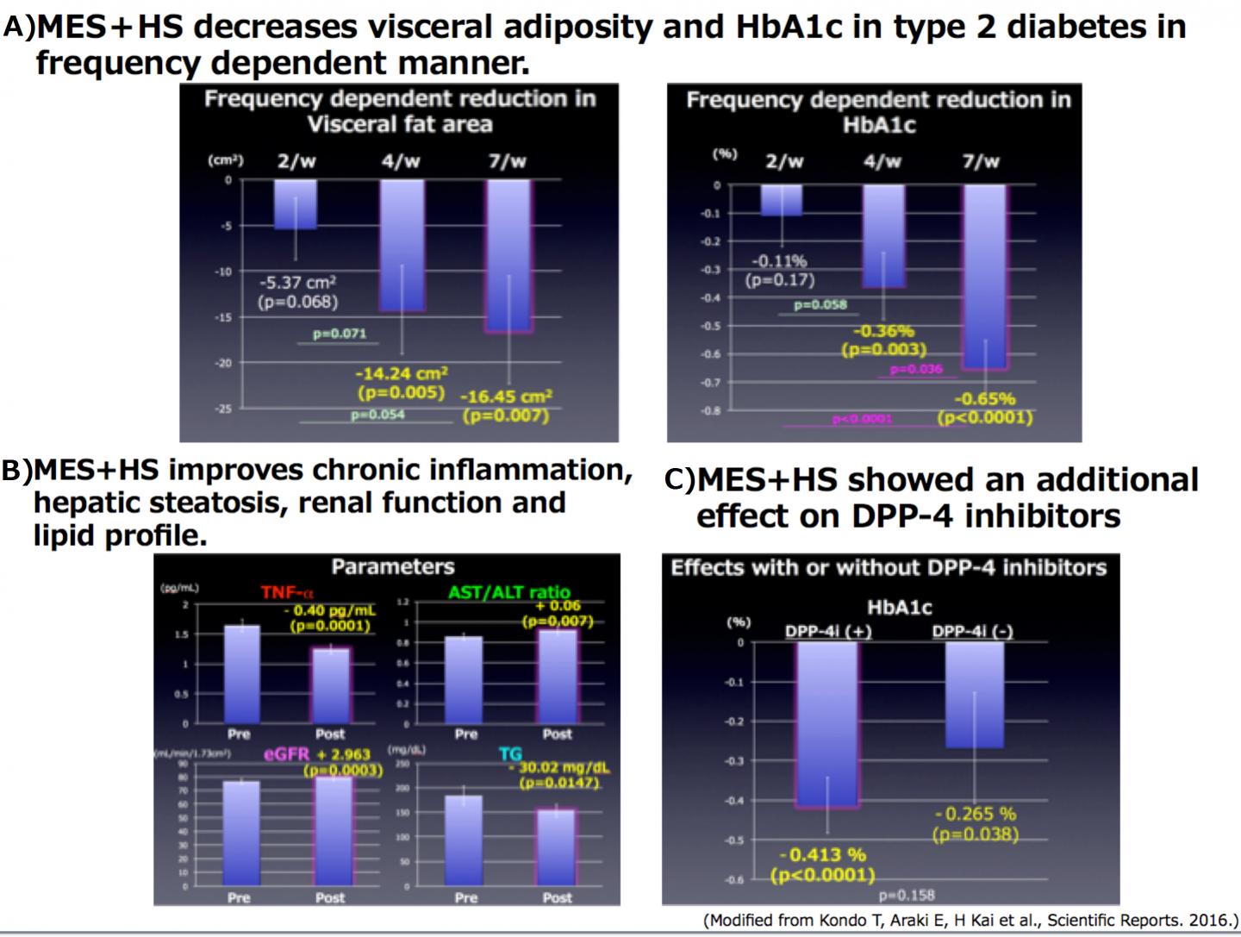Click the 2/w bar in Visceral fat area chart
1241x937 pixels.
(296, 204)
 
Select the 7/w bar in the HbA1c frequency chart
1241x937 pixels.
(984, 277)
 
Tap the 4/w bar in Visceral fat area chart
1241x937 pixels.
(402, 245)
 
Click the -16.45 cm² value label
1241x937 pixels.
(506, 397)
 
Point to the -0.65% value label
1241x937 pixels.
(985, 399)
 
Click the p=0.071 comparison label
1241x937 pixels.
(339, 334)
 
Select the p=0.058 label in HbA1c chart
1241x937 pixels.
(820, 304)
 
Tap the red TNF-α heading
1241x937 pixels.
(288, 593)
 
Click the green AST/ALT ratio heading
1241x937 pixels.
(508, 592)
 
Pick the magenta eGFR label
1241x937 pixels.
(285, 755)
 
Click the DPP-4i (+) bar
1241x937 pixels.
(827, 724)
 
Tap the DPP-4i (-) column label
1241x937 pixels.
(972, 631)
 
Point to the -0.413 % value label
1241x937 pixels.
(822, 855)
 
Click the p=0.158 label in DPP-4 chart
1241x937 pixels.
(907, 895)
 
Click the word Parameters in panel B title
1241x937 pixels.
(392, 567)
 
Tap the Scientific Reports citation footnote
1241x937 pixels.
(970, 920)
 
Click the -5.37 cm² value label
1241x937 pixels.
(297, 282)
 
